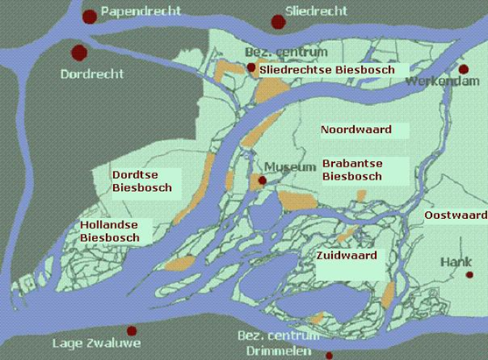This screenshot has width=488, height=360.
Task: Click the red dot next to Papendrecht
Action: (88, 16)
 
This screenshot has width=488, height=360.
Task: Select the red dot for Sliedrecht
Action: (279, 21)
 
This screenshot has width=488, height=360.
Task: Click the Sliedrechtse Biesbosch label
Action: (328, 69)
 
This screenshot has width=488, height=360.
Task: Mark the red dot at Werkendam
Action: (464, 69)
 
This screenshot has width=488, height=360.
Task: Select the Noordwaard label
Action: (355, 130)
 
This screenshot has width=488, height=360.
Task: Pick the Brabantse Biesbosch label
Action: (352, 170)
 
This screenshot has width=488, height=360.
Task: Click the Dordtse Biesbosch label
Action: (142, 181)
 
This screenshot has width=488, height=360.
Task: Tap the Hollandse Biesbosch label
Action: (110, 231)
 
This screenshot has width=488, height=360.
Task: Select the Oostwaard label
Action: (456, 215)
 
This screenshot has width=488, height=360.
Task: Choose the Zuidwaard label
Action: (348, 257)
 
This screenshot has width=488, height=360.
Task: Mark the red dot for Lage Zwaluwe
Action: (132, 331)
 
